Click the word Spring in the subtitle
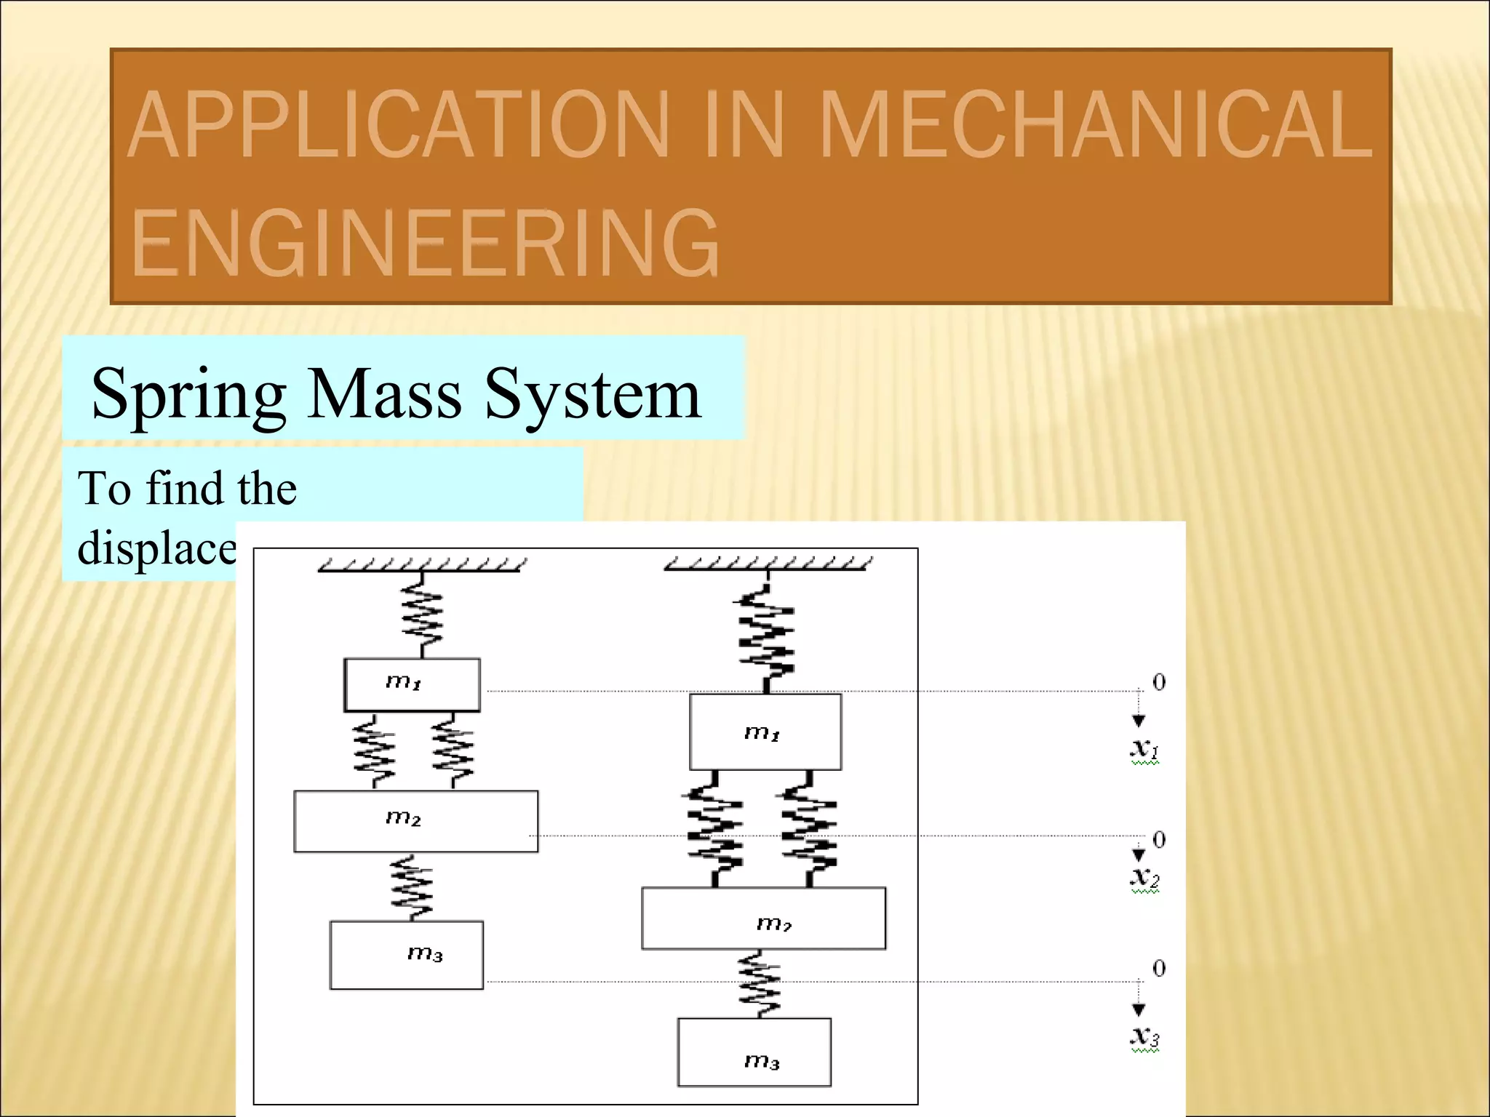(x=188, y=393)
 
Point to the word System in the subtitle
(x=592, y=393)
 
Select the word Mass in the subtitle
(x=384, y=393)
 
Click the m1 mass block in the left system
(x=412, y=684)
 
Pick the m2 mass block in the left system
(x=415, y=821)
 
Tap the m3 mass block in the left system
(x=406, y=955)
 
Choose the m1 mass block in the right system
(x=765, y=732)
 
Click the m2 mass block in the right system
(x=763, y=918)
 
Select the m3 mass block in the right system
(x=754, y=1052)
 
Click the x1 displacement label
(x=1144, y=749)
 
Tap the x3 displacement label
(x=1144, y=1037)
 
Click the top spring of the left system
(x=422, y=615)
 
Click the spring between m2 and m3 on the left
(x=412, y=887)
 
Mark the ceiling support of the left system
(x=421, y=565)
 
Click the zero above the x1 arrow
(x=1159, y=682)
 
